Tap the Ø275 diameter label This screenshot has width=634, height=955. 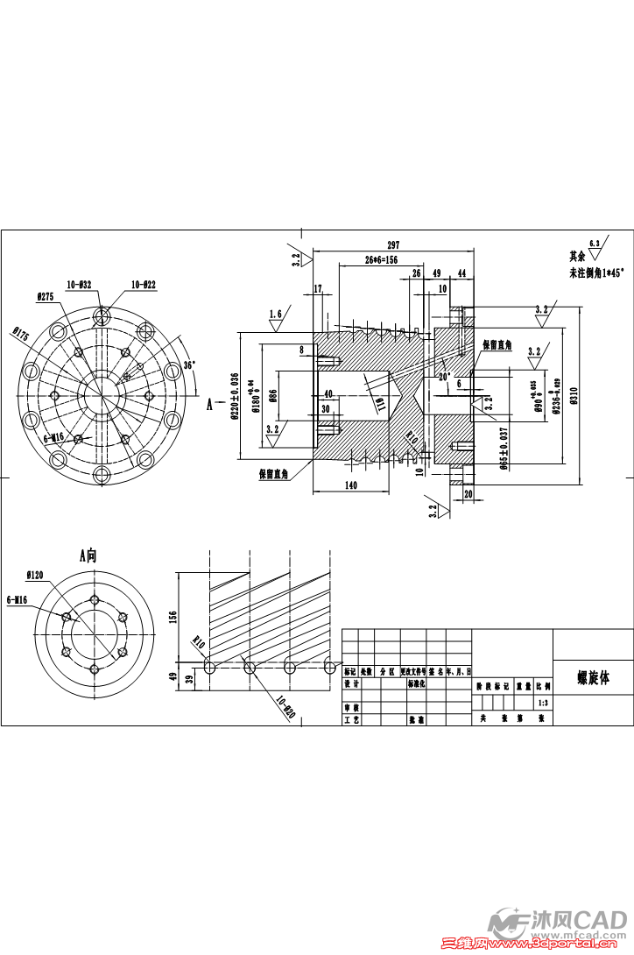[x=46, y=297]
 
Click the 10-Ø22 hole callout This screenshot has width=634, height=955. [x=144, y=284]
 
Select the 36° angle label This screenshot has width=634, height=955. [x=189, y=365]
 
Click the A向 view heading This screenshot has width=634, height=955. [x=90, y=554]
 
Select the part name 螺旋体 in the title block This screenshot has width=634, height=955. [x=593, y=677]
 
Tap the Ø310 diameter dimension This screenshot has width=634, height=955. [x=574, y=395]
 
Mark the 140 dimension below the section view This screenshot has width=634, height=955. [x=351, y=485]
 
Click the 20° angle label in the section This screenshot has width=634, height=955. [x=444, y=376]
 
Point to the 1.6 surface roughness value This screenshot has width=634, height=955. [x=276, y=314]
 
